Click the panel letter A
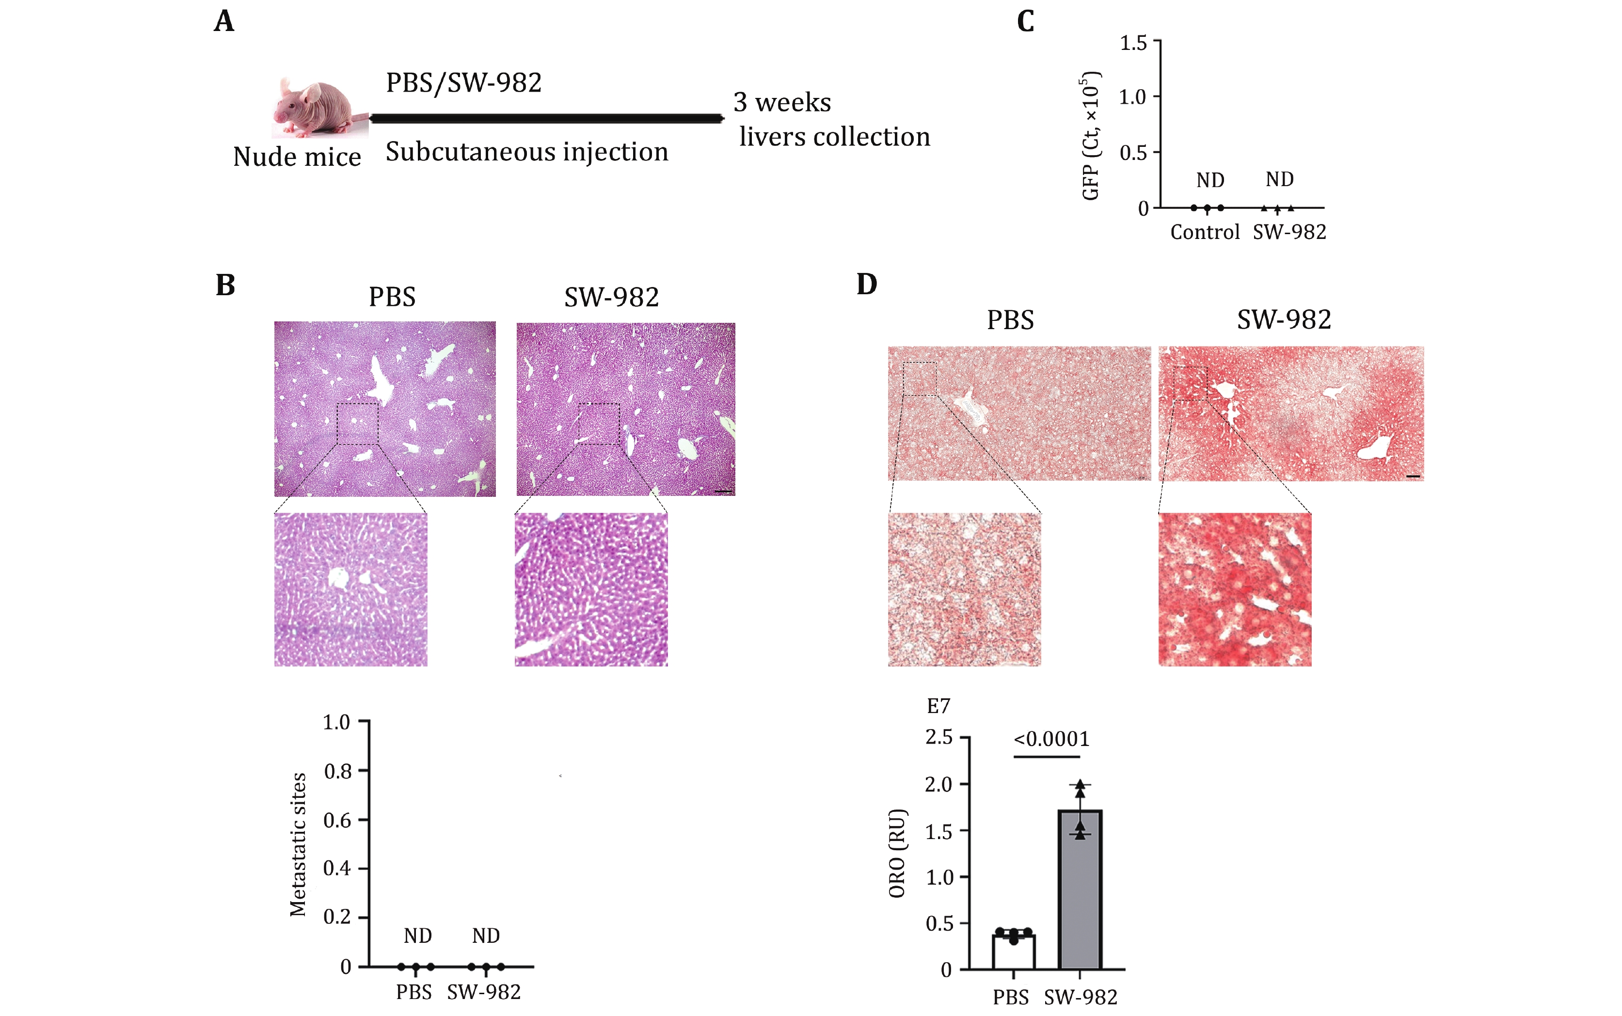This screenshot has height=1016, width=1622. (224, 21)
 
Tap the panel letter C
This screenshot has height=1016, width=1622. (1025, 21)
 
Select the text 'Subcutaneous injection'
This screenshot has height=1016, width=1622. (527, 152)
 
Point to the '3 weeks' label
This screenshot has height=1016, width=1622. (782, 103)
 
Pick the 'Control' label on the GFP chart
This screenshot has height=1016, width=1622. (1205, 233)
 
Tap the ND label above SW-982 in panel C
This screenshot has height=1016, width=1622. (1279, 179)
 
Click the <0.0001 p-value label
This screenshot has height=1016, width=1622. (1051, 739)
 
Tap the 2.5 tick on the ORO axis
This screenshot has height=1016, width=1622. (939, 737)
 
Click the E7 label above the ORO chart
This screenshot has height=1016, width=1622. (938, 706)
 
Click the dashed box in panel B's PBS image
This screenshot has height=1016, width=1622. (357, 424)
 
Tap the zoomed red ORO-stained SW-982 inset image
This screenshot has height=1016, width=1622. (1234, 589)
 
